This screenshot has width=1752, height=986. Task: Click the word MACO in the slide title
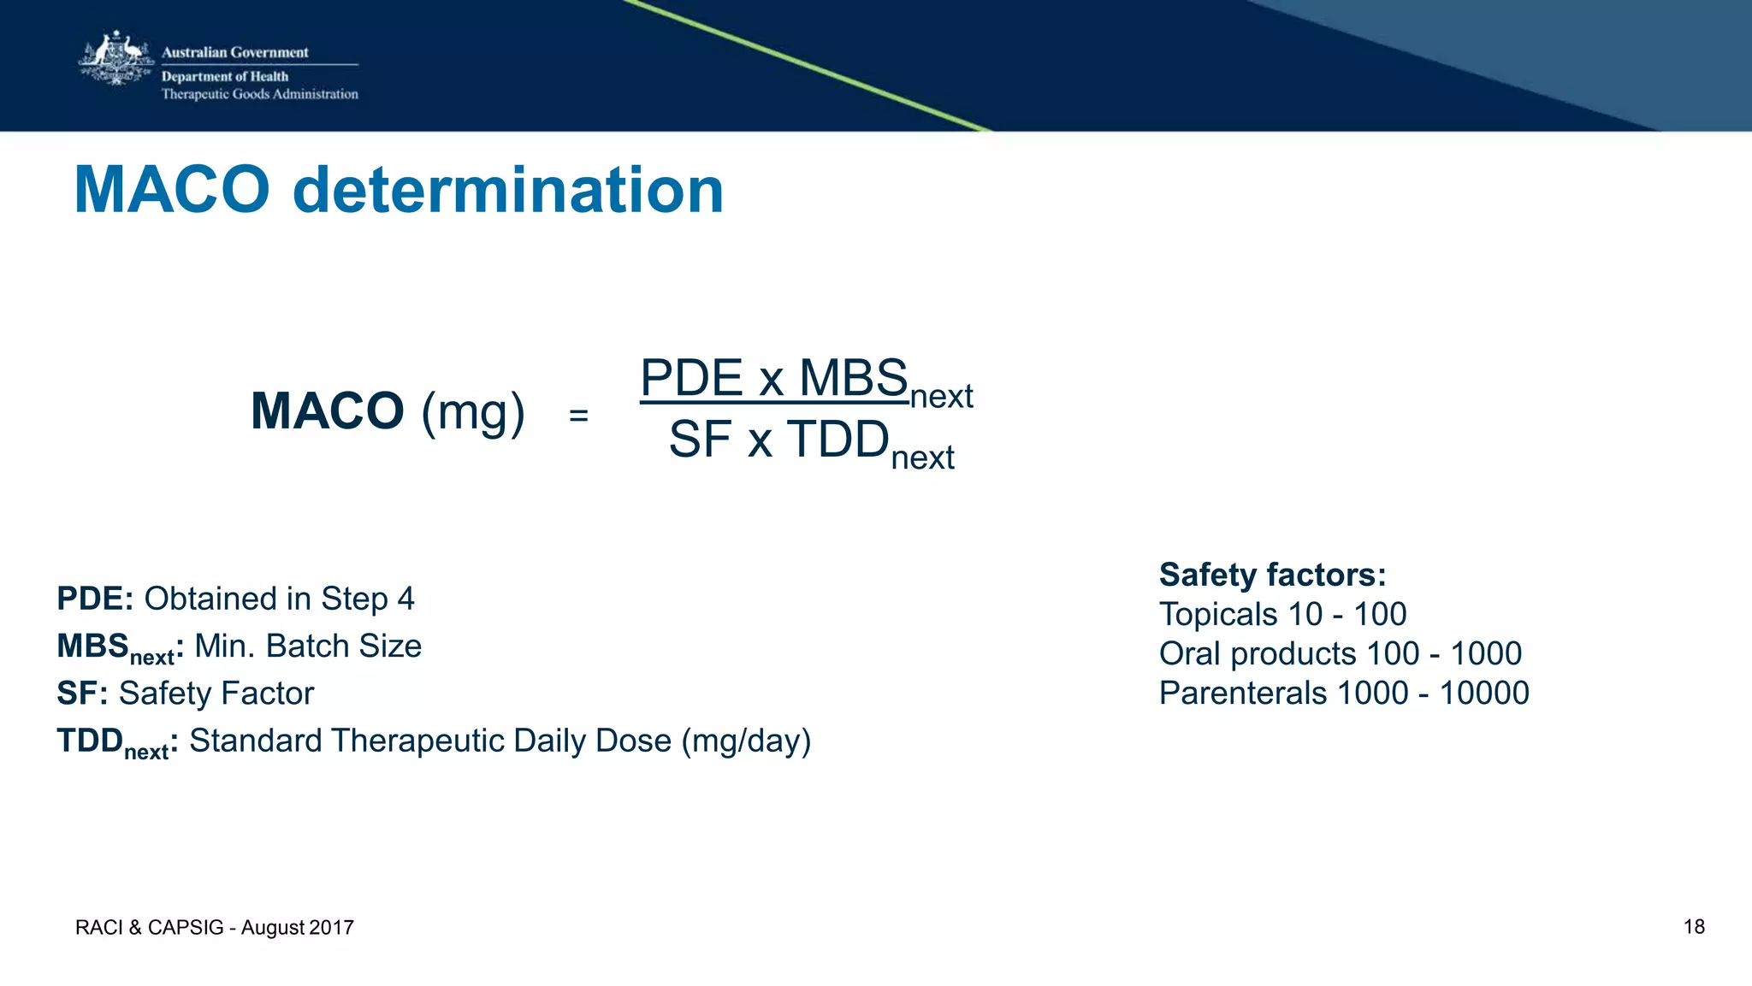(172, 190)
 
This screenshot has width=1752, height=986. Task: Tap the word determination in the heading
(508, 190)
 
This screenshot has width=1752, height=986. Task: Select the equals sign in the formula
(578, 416)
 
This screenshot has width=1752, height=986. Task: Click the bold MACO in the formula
(327, 411)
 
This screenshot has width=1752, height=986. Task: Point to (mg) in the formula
(473, 413)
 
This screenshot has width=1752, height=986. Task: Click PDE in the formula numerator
(691, 378)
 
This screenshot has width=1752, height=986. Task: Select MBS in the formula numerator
(853, 378)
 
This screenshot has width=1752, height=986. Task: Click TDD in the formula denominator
(838, 440)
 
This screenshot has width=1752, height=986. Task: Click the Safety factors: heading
(1272, 575)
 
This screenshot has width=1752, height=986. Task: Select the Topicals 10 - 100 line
(1282, 614)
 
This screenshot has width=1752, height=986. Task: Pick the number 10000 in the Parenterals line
(1483, 693)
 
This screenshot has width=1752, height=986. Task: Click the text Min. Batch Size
(308, 647)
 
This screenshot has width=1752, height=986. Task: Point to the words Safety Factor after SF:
(216, 694)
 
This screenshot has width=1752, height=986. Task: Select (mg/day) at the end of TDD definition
(746, 741)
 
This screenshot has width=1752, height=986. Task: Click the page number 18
(1694, 927)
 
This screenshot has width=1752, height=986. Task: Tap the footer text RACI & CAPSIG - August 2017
(215, 928)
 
